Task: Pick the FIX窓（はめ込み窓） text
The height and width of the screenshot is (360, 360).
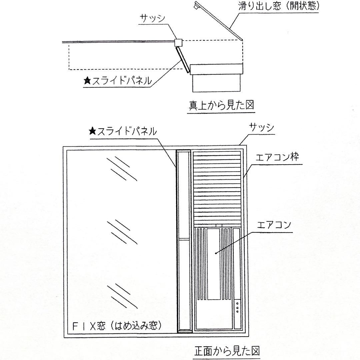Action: [x=119, y=326]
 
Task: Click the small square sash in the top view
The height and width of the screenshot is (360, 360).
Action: [x=178, y=42]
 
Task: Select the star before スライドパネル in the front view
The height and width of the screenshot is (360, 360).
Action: [x=92, y=131]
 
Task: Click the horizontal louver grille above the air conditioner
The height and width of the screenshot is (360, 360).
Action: [x=217, y=188]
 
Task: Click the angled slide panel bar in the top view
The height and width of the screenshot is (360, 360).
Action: [x=182, y=58]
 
